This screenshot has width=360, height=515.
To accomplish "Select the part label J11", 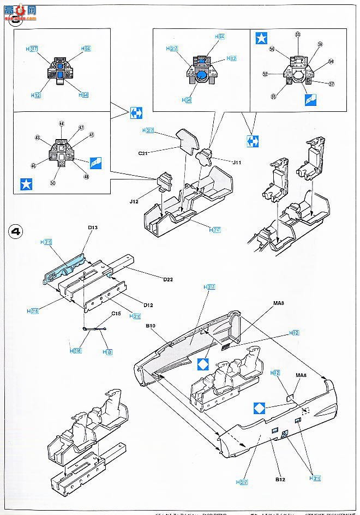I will (236, 163).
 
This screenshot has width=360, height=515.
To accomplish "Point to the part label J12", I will (135, 201).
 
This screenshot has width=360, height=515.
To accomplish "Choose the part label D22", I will (169, 280).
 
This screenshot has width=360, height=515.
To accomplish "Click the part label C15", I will (116, 314).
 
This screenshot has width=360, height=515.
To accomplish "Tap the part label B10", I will (151, 326).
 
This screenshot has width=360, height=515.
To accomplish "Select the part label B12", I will (280, 480).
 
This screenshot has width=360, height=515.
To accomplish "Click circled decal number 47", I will (81, 127).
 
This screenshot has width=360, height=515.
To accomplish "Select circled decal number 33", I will (297, 35).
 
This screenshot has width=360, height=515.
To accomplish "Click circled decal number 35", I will (274, 96).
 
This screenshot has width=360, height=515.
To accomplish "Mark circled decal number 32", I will (265, 74).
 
